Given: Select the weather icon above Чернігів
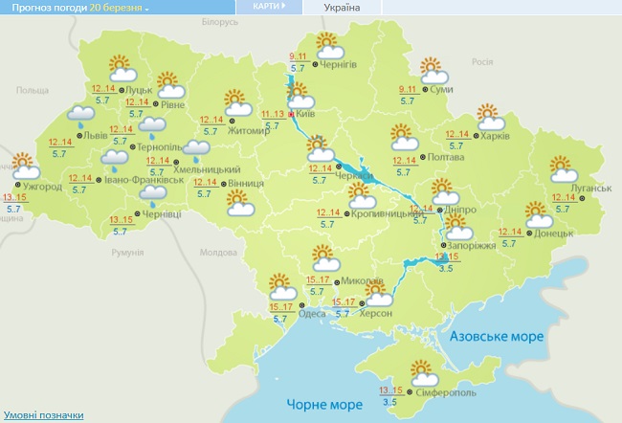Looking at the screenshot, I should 328,44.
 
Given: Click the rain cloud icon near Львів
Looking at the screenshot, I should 80,118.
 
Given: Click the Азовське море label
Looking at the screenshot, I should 496,337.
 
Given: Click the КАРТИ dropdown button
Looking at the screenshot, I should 270,6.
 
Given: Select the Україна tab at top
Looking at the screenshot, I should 343,7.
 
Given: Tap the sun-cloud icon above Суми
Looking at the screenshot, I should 434,71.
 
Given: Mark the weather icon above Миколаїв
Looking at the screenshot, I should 325,258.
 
